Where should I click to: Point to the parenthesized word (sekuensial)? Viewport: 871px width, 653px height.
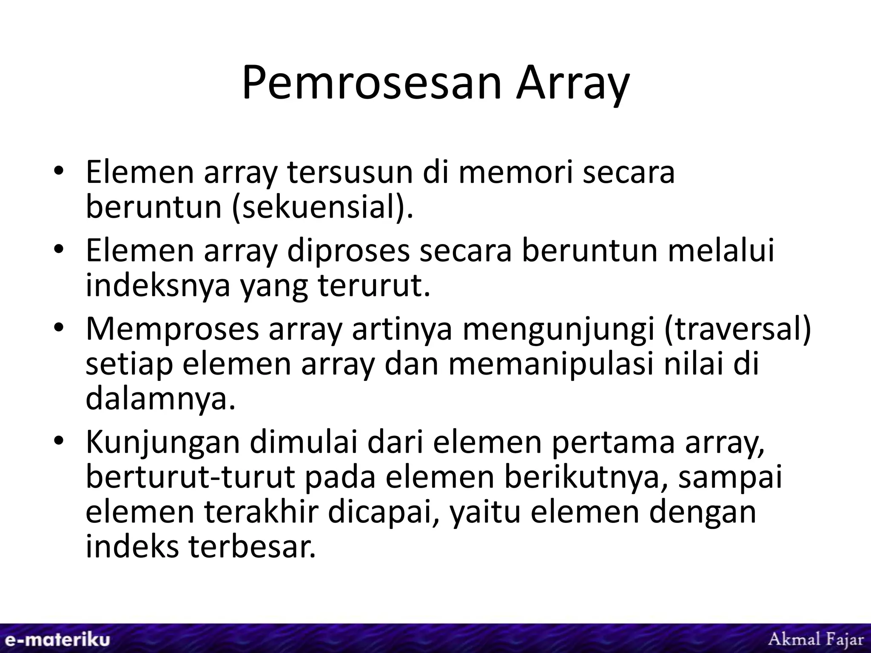322,207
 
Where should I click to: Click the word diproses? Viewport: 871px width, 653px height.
348,251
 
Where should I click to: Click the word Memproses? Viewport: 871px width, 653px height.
172,329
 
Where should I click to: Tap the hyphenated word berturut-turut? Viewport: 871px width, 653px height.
191,477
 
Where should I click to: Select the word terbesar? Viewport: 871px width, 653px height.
253,547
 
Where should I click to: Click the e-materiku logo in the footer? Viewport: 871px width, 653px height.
55,639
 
